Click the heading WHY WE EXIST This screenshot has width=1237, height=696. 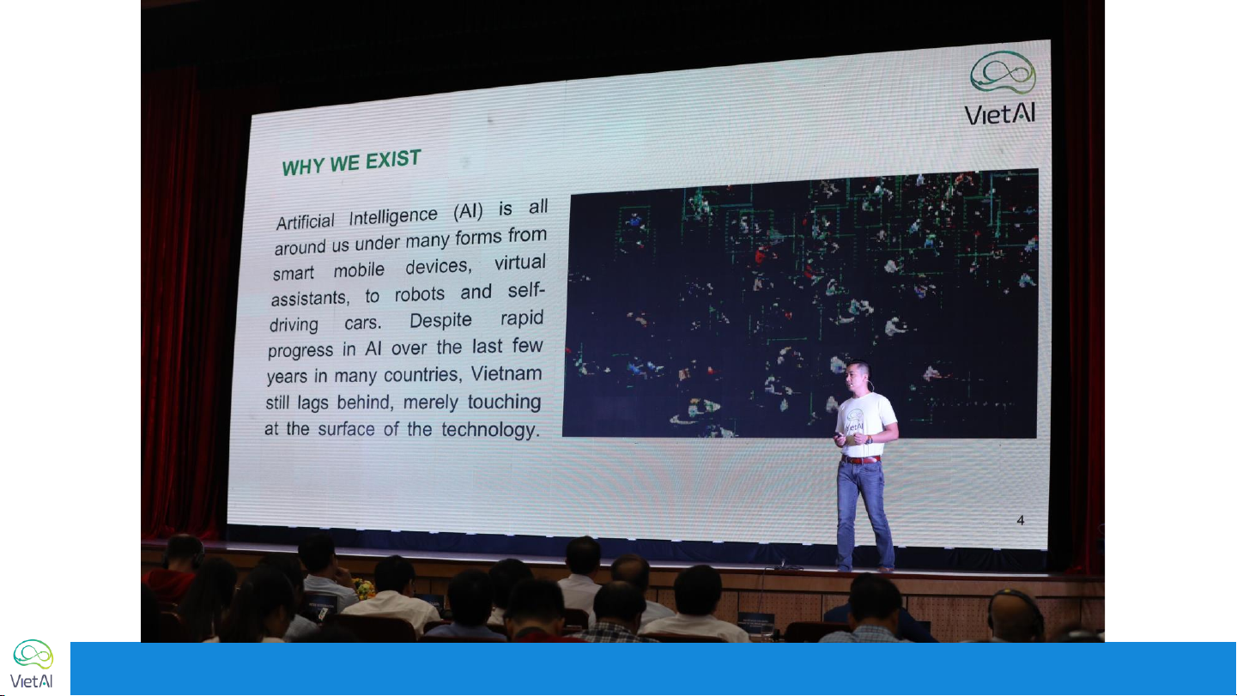click(351, 162)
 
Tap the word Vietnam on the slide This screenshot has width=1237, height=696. click(506, 373)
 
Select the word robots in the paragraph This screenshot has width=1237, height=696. click(420, 294)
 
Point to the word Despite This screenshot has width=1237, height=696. click(440, 320)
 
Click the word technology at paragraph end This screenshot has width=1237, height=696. click(490, 430)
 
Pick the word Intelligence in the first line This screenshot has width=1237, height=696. click(393, 216)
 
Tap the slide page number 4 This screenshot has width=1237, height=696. click(1021, 520)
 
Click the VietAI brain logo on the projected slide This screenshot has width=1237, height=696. click(1003, 72)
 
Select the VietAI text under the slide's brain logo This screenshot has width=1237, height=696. click(999, 114)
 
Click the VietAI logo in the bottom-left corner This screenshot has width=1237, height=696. click(33, 664)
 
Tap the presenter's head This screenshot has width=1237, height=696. click(858, 377)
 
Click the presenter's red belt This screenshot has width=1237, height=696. click(861, 459)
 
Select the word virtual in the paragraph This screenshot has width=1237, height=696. click(519, 263)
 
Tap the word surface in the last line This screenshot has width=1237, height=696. click(346, 429)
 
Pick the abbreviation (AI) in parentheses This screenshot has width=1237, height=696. click(469, 211)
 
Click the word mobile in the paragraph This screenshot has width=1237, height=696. click(359, 270)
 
